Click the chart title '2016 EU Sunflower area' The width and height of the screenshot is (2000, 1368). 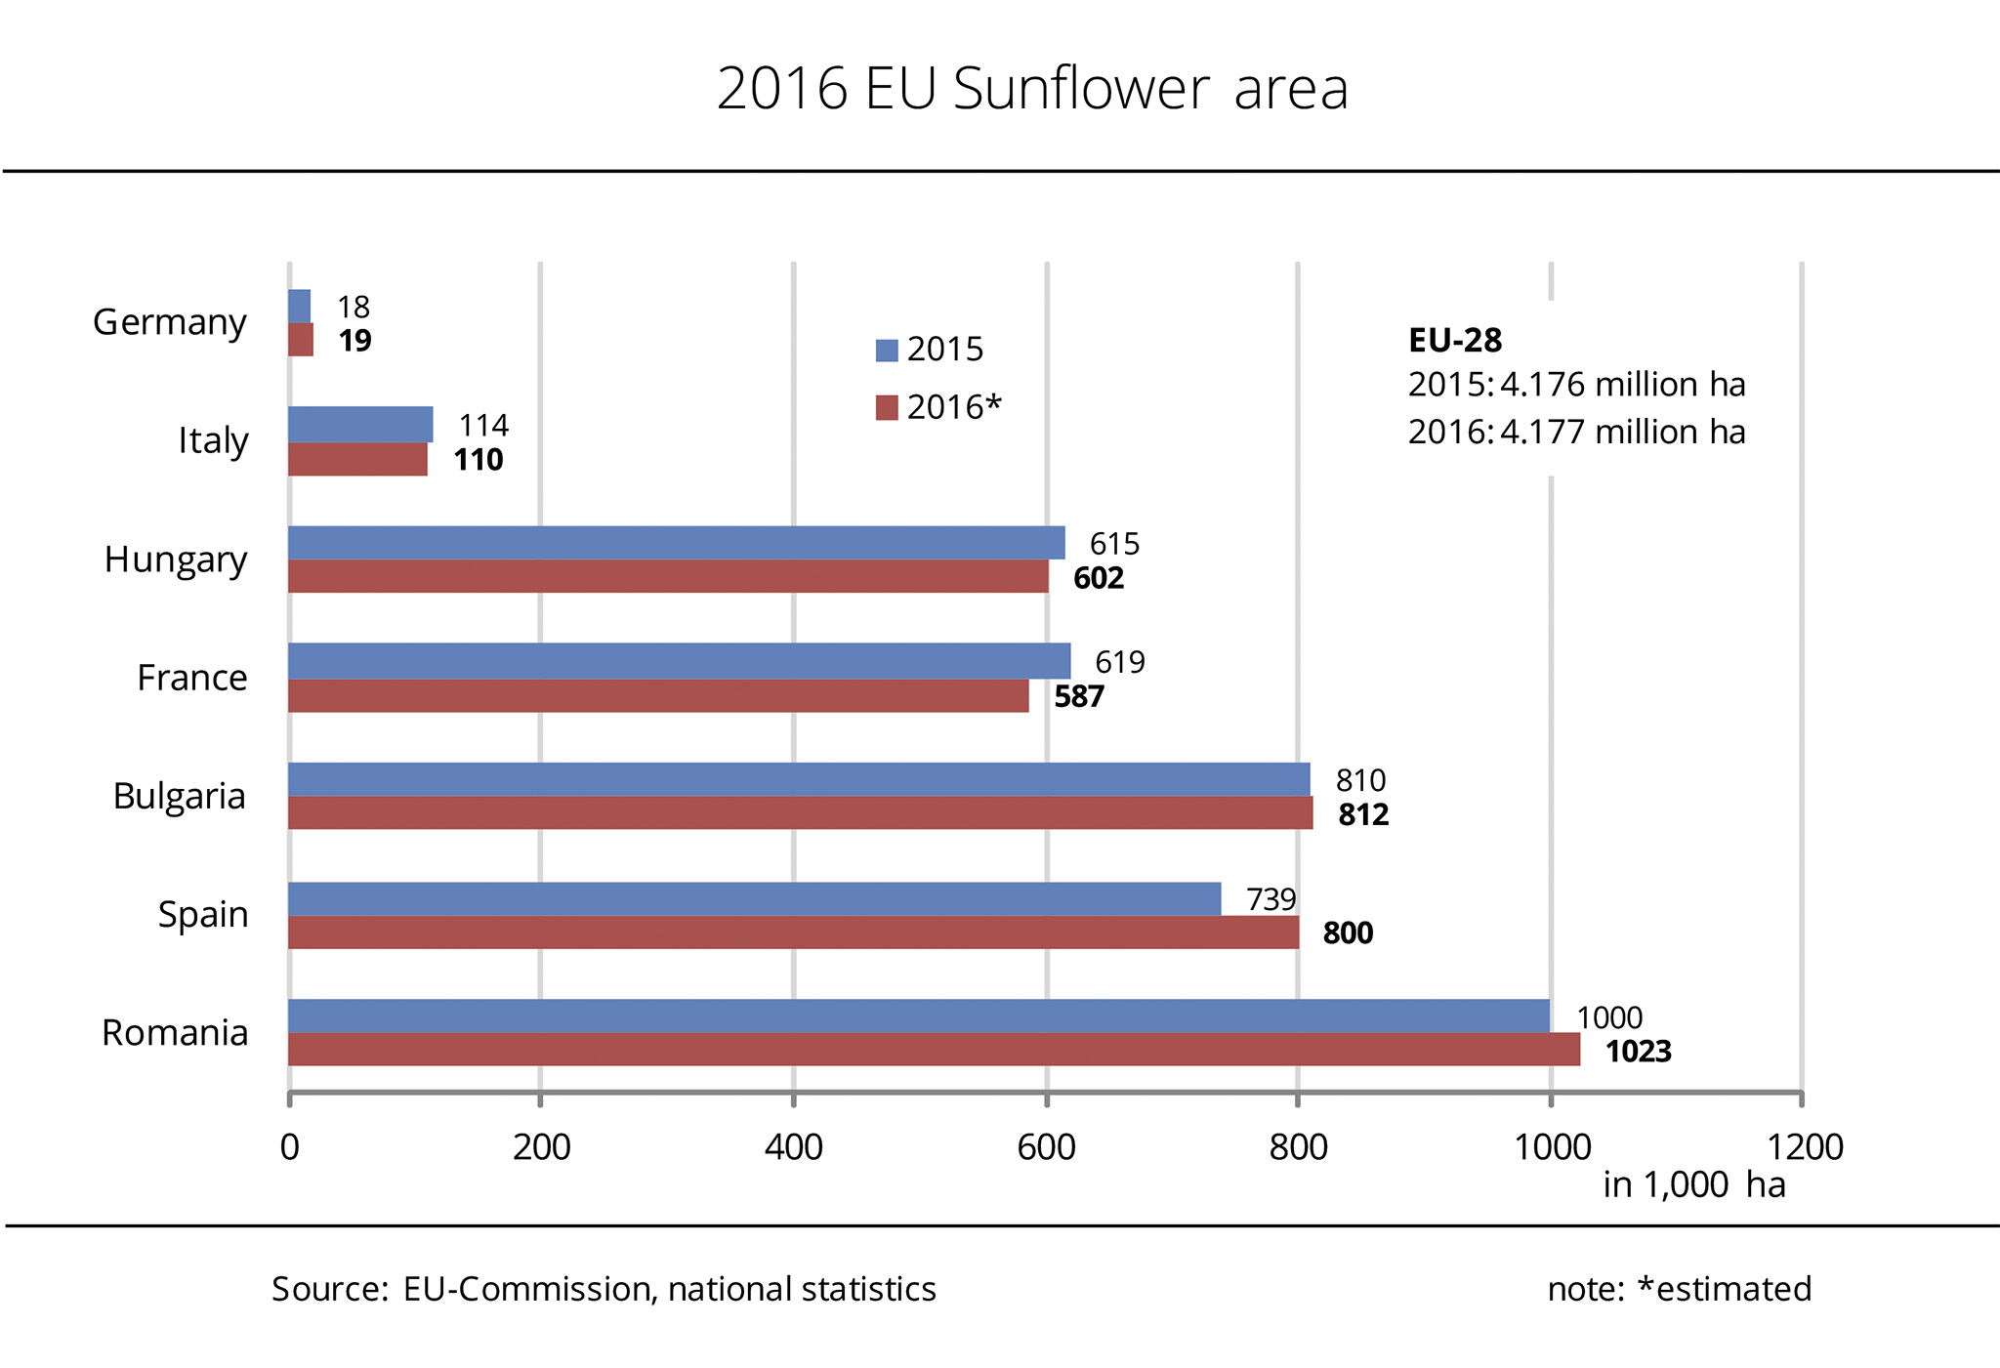[x=1032, y=89]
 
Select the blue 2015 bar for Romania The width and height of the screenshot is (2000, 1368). [x=918, y=1016]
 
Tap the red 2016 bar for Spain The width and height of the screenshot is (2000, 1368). [x=793, y=933]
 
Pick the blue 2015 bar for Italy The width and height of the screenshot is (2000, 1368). [x=360, y=425]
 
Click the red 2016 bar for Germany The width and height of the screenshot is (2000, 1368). [x=301, y=340]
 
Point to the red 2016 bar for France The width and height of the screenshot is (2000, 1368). [x=658, y=696]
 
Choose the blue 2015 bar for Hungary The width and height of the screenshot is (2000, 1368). [x=676, y=543]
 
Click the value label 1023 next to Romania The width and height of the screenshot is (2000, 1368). [x=1639, y=1052]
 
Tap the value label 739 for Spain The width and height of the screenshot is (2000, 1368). [x=1271, y=899]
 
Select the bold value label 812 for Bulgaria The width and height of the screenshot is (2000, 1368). [x=1363, y=814]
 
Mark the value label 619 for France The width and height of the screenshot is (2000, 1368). [x=1119, y=662]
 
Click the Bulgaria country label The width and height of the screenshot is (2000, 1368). [x=179, y=796]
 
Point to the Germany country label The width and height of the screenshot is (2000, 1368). [x=169, y=322]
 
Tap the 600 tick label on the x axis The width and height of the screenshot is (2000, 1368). [x=1046, y=1146]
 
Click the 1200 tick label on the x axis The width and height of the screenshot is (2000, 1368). [x=1805, y=1146]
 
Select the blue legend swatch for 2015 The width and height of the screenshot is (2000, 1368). [x=887, y=351]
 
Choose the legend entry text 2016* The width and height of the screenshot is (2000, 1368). [x=954, y=407]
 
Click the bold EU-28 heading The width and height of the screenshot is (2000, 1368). [x=1455, y=340]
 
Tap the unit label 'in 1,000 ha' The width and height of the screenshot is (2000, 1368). [x=1694, y=1184]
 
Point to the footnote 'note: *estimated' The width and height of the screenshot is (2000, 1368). [x=1679, y=1289]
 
